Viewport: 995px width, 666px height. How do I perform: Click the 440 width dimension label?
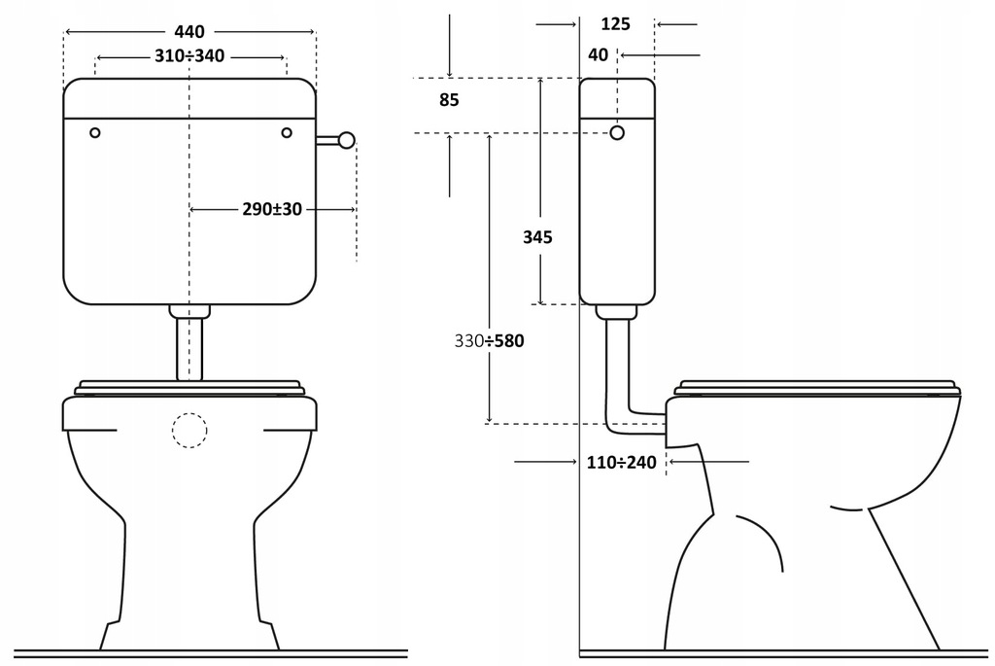tap(189, 32)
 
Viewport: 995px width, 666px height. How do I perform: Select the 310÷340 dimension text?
tap(189, 55)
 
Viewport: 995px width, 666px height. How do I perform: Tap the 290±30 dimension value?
tap(272, 209)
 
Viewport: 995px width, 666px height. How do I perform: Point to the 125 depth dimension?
tap(616, 24)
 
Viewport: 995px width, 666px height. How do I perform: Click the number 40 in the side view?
tap(599, 55)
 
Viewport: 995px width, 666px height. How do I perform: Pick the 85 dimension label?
tap(448, 99)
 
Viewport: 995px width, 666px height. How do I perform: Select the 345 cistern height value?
tap(537, 237)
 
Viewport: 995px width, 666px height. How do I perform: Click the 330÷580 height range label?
tap(489, 341)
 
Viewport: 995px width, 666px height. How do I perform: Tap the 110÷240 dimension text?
tap(622, 463)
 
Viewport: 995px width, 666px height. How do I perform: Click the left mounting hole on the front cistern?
tap(94, 132)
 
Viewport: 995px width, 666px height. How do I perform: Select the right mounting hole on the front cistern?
tap(287, 132)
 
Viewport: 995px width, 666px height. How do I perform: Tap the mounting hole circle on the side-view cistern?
tap(616, 132)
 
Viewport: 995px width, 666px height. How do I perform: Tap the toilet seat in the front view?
tap(189, 387)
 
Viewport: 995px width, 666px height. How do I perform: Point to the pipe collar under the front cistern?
tap(189, 311)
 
